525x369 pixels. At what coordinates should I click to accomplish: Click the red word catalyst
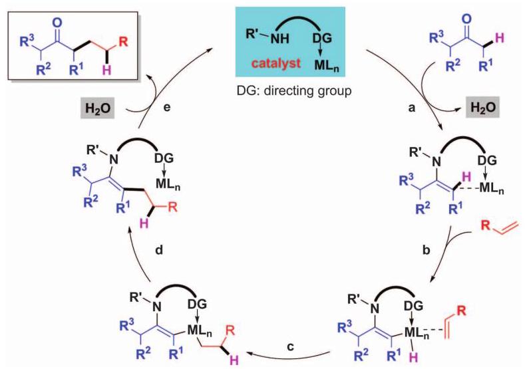[276, 63]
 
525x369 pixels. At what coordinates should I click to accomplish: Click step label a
[412, 108]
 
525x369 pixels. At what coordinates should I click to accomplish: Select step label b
[427, 250]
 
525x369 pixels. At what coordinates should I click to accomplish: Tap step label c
[290, 347]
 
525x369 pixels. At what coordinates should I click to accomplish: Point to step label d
[159, 250]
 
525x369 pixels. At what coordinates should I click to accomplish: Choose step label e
[167, 108]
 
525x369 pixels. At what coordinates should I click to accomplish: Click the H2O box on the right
[483, 108]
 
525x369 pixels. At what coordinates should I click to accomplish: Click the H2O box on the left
[98, 109]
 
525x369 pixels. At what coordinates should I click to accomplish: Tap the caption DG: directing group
[294, 90]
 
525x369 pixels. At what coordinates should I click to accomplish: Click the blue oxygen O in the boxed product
[58, 23]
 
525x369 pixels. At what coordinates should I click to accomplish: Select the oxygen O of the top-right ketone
[466, 19]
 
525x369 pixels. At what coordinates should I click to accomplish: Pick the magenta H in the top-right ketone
[499, 39]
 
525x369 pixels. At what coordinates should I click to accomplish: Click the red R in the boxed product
[124, 42]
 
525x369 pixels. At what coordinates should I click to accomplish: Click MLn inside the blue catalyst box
[327, 64]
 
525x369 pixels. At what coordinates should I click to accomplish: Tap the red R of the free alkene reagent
[485, 225]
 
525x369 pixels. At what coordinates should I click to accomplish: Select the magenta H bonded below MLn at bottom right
[413, 358]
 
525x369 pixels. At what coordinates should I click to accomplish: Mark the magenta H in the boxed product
[107, 70]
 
